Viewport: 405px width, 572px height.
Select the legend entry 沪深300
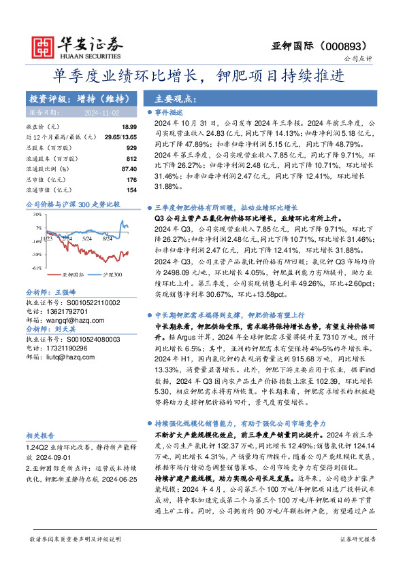click(113, 274)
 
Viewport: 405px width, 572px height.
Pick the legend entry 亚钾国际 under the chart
click(67, 274)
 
